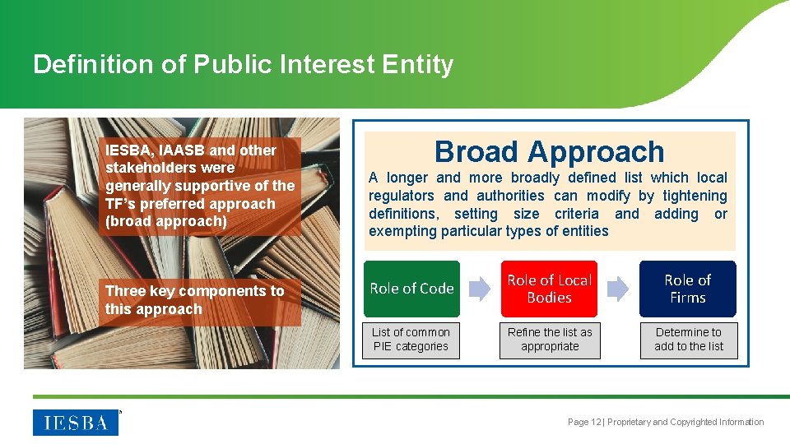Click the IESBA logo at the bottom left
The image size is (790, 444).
(x=75, y=422)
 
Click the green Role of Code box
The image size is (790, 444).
(x=411, y=289)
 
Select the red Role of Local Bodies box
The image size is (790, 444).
(x=549, y=289)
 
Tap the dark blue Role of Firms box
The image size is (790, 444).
(x=687, y=289)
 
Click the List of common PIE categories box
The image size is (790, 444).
(x=411, y=340)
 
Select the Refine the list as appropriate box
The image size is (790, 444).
(x=550, y=340)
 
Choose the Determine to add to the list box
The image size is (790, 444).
(x=689, y=340)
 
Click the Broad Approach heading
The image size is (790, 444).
(x=549, y=151)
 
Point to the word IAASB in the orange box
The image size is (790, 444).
(x=181, y=150)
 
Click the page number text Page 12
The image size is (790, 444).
(x=584, y=422)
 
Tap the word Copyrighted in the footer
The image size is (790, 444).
(x=697, y=422)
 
